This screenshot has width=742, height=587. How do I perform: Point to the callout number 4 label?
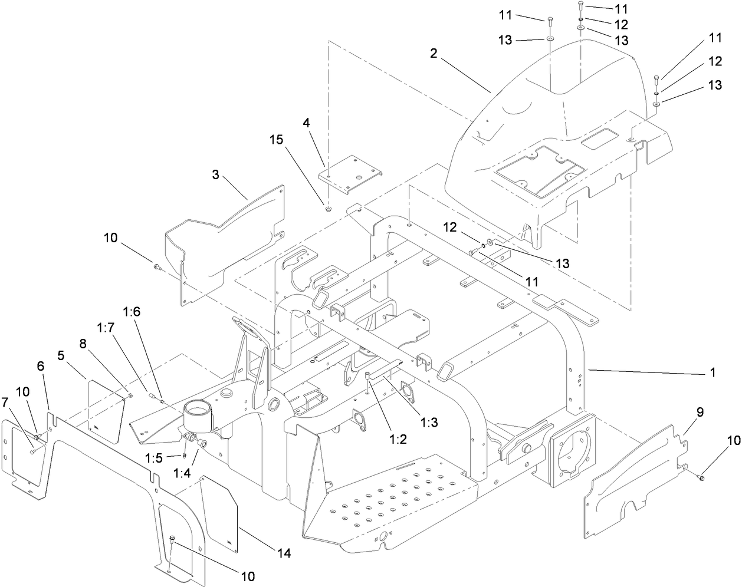(x=323, y=123)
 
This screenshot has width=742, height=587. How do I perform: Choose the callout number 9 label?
(x=700, y=413)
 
